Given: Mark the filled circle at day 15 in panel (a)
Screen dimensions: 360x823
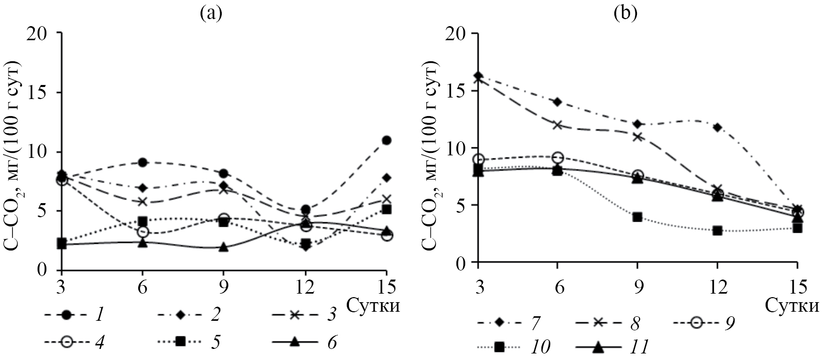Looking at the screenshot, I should (386, 140).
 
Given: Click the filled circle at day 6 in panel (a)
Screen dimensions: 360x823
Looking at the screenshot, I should (143, 162).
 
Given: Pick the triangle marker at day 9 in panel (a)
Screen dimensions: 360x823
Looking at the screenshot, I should (224, 247).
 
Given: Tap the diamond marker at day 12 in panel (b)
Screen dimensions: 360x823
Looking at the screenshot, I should (717, 127).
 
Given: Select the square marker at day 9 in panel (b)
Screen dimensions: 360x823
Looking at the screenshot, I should (637, 217).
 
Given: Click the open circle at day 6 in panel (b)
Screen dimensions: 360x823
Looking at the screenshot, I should (558, 157).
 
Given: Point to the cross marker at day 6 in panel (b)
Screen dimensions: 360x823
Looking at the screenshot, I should (558, 125).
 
